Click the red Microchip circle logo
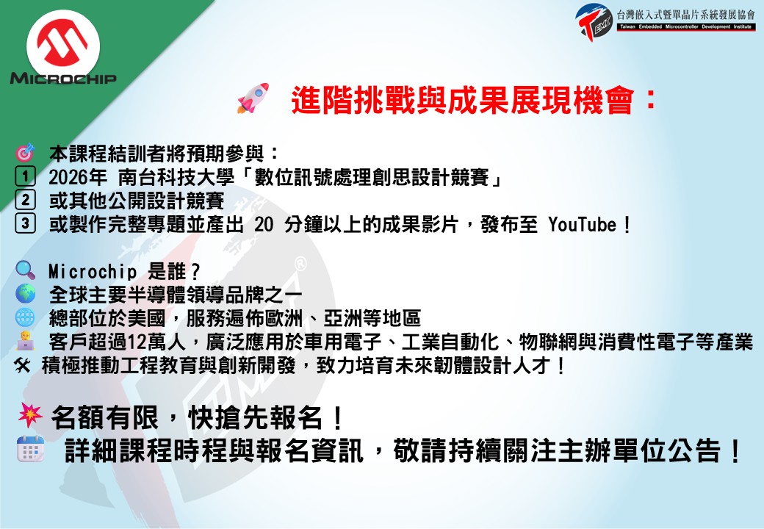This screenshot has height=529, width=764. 63,45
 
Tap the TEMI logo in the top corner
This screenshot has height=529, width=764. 594,22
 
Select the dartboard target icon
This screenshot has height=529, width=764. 25,153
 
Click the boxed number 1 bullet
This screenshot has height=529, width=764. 25,176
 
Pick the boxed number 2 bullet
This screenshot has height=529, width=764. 25,200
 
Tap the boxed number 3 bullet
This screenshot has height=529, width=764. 25,223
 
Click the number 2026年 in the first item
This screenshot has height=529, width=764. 77,177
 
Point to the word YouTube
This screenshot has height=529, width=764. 583,225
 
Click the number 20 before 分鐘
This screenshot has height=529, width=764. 264,225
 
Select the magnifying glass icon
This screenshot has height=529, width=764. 25,270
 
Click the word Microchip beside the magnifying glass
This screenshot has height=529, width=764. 93,271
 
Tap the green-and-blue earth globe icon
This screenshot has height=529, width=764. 25,294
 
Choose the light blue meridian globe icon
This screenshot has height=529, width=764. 25,317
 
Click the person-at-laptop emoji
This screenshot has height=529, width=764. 25,340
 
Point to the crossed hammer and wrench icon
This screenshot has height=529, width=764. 23,365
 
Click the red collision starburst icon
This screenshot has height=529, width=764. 30,416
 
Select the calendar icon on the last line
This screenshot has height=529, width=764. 31,449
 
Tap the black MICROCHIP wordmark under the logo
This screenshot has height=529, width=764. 63,78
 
